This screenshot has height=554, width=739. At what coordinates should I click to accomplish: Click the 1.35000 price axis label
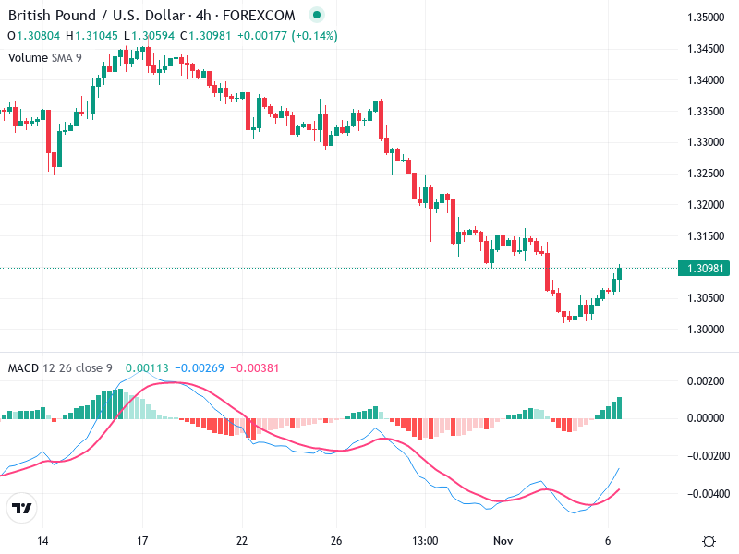[706, 18]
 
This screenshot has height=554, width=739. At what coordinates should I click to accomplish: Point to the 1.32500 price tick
[706, 174]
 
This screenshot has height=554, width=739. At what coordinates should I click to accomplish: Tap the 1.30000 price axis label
[706, 329]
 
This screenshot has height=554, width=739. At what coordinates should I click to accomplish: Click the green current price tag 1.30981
[707, 269]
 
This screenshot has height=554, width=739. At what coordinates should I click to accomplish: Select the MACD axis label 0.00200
[707, 380]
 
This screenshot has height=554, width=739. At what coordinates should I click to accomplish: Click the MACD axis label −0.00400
[705, 494]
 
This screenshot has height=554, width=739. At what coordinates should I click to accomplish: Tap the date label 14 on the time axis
[42, 540]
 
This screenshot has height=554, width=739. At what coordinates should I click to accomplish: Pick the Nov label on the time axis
[503, 540]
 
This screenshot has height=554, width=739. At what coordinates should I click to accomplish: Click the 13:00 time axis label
[424, 540]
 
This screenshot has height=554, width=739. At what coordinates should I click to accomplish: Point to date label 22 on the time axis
[242, 540]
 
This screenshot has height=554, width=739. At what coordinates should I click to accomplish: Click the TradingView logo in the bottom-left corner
[21, 509]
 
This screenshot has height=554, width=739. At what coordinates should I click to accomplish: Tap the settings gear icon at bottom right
[709, 541]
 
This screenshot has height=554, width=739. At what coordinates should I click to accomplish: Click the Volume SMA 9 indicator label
[45, 57]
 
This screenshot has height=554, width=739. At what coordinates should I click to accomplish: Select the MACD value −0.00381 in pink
[253, 368]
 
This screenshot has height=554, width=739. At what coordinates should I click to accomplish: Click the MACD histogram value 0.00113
[143, 368]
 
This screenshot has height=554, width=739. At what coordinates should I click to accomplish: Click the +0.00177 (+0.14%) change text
[287, 36]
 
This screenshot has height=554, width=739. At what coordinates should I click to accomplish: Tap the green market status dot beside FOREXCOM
[317, 16]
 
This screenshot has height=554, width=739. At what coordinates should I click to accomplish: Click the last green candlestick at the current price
[619, 273]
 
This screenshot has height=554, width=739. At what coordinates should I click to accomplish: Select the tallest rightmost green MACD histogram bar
[619, 407]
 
